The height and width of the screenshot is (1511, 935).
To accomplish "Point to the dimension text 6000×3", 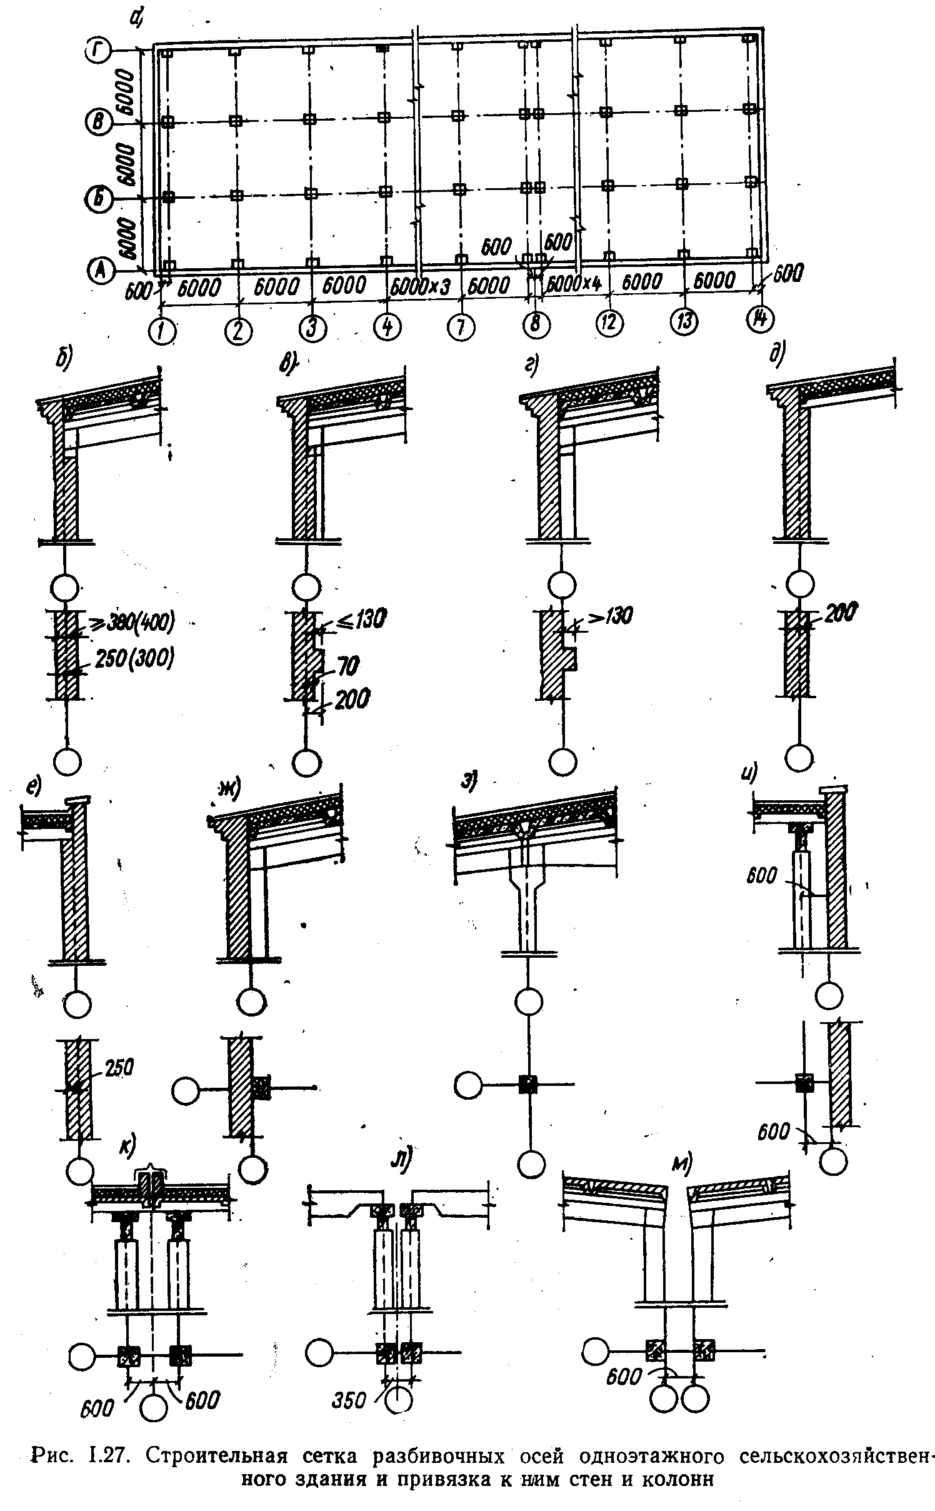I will tap(419, 287).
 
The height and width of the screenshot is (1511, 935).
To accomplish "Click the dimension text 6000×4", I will tap(569, 284).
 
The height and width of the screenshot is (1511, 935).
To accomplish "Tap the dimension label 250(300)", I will tap(134, 659).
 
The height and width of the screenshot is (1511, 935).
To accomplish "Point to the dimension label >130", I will tap(606, 616).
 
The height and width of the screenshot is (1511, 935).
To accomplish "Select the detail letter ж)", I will tap(230, 791).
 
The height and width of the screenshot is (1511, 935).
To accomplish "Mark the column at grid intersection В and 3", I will tap(309, 119).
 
